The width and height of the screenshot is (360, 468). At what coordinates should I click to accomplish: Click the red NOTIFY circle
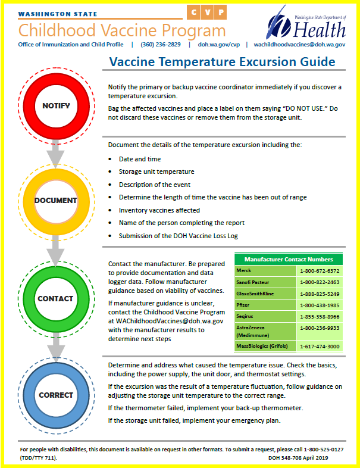click(x=56, y=106)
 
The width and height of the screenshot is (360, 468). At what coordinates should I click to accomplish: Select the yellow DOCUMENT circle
click(x=56, y=201)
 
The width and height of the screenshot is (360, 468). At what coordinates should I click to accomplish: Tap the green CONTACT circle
click(x=56, y=298)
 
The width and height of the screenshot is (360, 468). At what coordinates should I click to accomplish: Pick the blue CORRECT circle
click(x=56, y=395)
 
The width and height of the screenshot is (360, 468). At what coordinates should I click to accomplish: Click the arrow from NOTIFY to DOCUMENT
click(x=56, y=156)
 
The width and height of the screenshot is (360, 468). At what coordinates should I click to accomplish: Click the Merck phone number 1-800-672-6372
click(x=320, y=271)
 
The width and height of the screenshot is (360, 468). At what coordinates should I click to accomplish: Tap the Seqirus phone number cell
click(x=320, y=316)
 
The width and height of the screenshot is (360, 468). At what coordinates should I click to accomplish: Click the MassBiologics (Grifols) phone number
click(x=320, y=346)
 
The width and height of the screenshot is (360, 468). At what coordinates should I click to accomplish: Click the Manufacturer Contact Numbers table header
click(x=288, y=260)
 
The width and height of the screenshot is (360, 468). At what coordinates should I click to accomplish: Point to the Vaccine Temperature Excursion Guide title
click(x=223, y=62)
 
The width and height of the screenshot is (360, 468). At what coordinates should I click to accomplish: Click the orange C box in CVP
click(x=194, y=13)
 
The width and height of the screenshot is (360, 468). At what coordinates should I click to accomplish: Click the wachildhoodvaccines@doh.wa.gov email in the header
click(x=299, y=44)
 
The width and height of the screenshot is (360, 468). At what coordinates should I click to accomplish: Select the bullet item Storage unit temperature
click(x=156, y=172)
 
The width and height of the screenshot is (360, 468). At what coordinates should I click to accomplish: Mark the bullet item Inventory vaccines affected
click(x=159, y=210)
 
